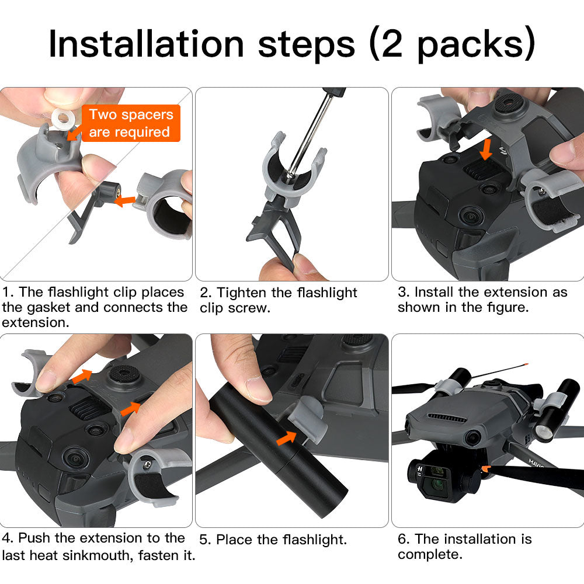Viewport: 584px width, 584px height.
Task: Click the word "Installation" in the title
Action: [146, 44]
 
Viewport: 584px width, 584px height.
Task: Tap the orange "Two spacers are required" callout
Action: [131, 123]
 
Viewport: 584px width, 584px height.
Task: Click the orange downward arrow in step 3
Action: [486, 149]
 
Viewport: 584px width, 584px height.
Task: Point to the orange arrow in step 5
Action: [286, 437]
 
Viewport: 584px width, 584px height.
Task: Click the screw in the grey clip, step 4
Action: [148, 464]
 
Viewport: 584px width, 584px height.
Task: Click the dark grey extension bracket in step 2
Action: [276, 227]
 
